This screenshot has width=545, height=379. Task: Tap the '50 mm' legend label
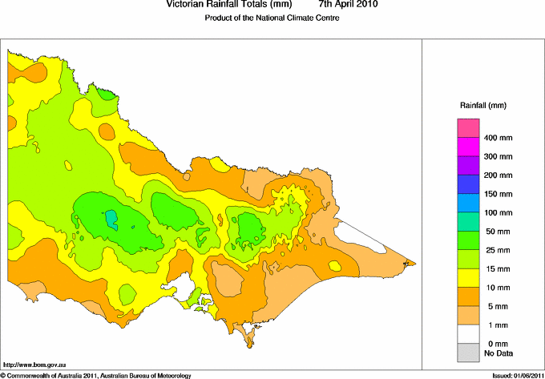tap(495, 231)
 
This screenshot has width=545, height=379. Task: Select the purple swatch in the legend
tap(468, 165)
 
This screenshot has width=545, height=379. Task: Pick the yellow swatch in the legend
tap(468, 276)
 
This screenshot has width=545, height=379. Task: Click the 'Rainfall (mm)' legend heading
tap(482, 106)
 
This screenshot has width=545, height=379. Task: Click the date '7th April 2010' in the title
tap(349, 5)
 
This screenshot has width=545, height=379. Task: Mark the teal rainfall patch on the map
tap(111, 218)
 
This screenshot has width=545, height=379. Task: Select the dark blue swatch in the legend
tap(468, 183)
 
